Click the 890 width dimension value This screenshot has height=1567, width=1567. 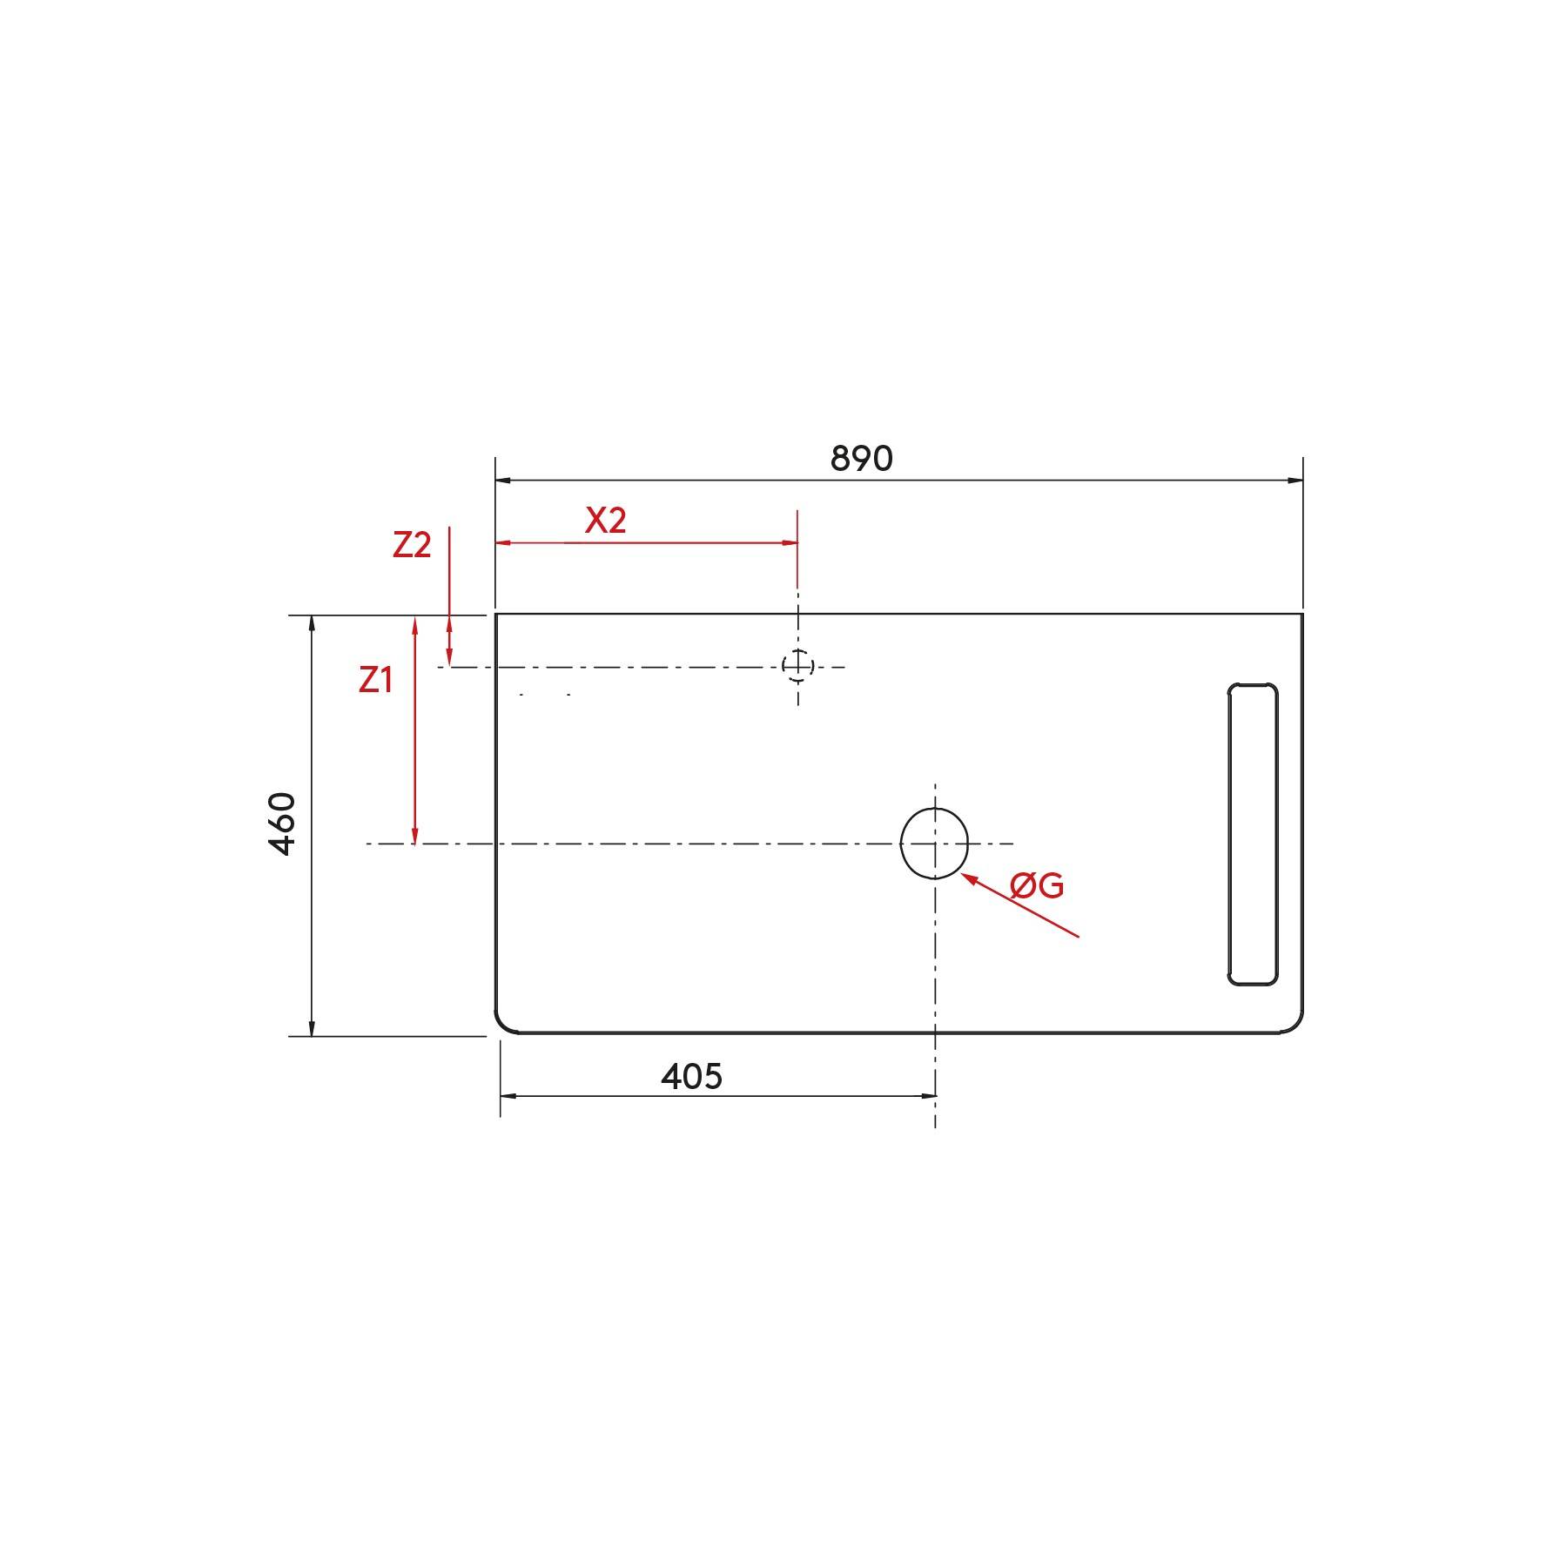pos(861,459)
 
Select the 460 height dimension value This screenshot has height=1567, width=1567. pos(283,824)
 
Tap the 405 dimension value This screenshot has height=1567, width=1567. pos(691,1077)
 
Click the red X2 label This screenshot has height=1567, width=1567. pos(606,521)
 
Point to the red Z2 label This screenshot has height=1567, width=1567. pos(412,545)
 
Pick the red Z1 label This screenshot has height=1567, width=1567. pos(376,680)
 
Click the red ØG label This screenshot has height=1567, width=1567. pos(1037,886)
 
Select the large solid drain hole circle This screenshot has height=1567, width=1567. pos(934,844)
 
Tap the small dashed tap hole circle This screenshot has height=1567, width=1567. pos(797,666)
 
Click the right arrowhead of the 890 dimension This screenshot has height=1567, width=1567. pos(1296,480)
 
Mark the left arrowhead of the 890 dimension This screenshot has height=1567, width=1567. pos(502,480)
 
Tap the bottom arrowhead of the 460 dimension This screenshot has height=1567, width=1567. pos(312,1029)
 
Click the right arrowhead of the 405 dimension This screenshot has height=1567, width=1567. pos(929,1096)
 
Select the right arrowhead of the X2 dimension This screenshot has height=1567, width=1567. pos(791,542)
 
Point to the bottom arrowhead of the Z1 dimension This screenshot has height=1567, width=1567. pos(415,837)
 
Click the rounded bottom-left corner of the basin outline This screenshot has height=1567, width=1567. pos(502,1026)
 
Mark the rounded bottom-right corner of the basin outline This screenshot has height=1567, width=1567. pos(1296,1026)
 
